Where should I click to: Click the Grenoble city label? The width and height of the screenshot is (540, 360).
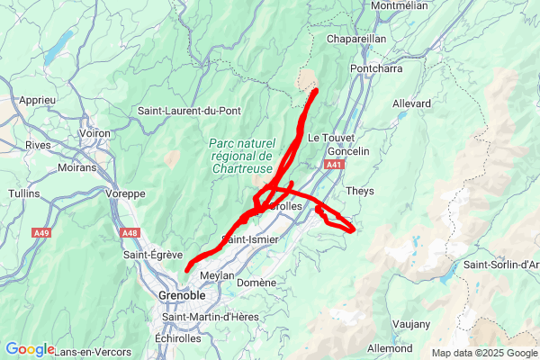pyautogui.click(x=182, y=295)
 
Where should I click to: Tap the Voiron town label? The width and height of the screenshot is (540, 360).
pyautogui.click(x=94, y=132)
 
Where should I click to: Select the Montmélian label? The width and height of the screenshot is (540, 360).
pyautogui.click(x=405, y=5)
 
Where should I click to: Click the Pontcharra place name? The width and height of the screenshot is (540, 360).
pyautogui.click(x=377, y=68)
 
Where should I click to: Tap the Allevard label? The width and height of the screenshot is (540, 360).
pyautogui.click(x=412, y=103)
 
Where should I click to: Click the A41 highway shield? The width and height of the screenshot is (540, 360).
pyautogui.click(x=334, y=165)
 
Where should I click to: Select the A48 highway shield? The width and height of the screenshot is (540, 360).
pyautogui.click(x=130, y=233)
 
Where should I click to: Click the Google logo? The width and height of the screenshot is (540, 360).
pyautogui.click(x=29, y=349)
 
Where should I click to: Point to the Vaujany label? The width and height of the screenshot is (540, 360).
pyautogui.click(x=411, y=323)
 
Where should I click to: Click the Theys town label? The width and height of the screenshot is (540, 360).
pyautogui.click(x=360, y=191)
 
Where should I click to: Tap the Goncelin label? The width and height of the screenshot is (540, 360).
pyautogui.click(x=348, y=151)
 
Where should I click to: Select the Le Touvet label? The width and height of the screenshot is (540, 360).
pyautogui.click(x=326, y=138)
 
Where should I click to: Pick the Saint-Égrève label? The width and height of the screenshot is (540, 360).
pyautogui.click(x=153, y=255)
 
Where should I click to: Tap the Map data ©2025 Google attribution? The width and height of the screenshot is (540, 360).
pyautogui.click(x=484, y=352)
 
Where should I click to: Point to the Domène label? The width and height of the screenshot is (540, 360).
pyautogui.click(x=256, y=282)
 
